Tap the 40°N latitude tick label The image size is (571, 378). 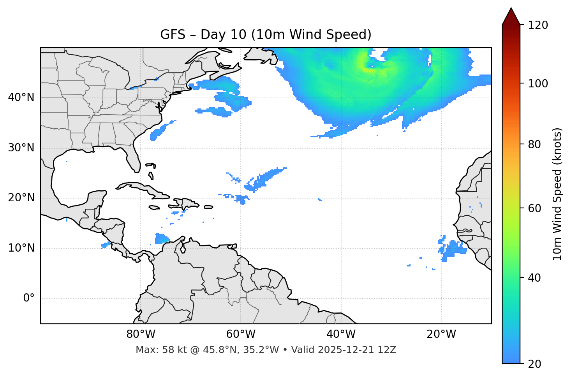pos(21,98)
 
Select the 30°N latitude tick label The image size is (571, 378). pos(21,148)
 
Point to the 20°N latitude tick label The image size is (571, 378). pos(21,198)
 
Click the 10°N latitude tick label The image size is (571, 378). pos(21,248)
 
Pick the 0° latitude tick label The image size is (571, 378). pos(28,298)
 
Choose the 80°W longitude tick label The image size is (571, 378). pos(141,334)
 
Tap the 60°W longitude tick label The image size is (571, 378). pos(241,334)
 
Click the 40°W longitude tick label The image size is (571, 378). pos(341,334)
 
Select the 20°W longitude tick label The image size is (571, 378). pos(441,334)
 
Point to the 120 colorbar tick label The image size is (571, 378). pos(538,25)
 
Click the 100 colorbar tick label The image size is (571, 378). pos(538,83)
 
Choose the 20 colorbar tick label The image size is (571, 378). pos(535,364)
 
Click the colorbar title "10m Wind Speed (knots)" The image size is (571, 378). pos(557,194)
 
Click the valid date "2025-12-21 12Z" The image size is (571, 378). pos(357,350)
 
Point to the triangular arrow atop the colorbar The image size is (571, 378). pos(511,16)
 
